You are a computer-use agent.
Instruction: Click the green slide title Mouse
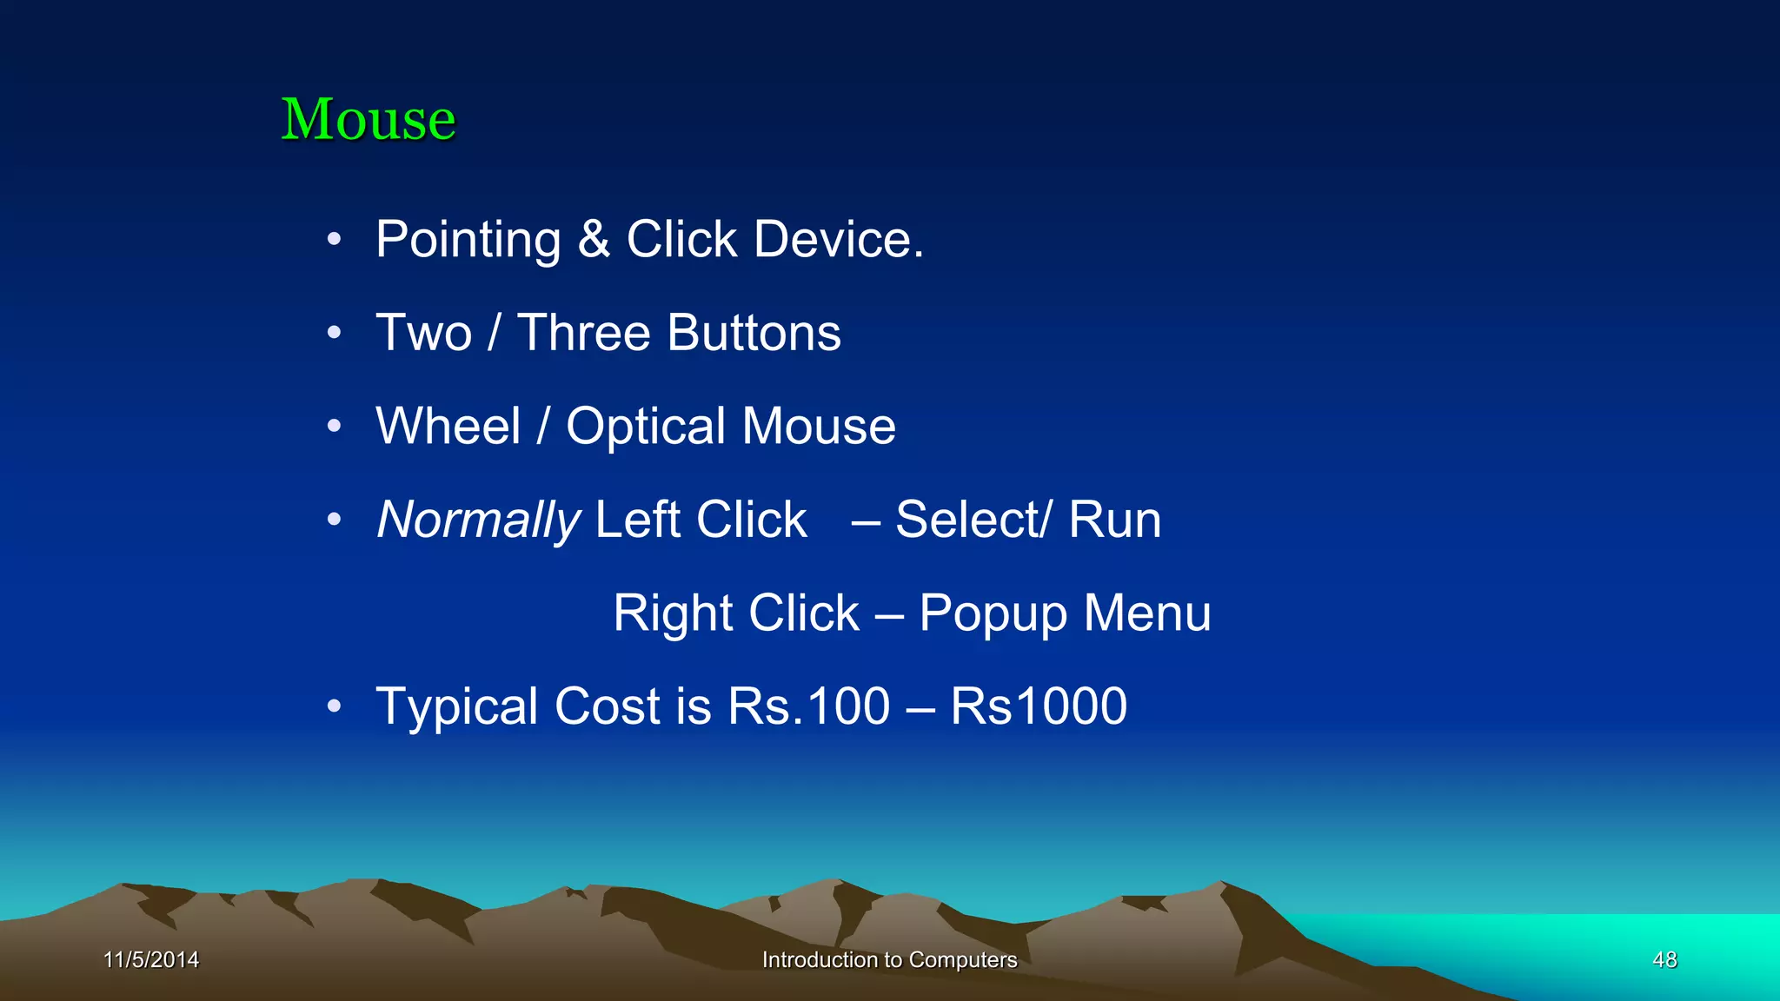pos(368,119)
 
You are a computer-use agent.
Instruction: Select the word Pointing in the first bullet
pos(468,240)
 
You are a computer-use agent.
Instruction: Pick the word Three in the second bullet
pos(583,333)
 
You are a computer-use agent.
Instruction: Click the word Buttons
pos(754,333)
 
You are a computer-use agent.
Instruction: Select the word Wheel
pos(448,427)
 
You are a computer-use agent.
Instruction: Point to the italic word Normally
pos(478,520)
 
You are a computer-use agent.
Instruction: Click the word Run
pos(1115,520)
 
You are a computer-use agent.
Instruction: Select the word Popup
pos(993,614)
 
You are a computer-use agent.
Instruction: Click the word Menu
pos(1147,613)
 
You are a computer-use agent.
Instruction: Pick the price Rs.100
pos(808,706)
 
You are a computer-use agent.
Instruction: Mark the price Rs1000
pos(1039,706)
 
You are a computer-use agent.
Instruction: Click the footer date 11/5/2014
pos(151,959)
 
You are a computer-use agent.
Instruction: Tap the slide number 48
pos(1664,959)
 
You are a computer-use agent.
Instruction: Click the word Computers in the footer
pos(962,960)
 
